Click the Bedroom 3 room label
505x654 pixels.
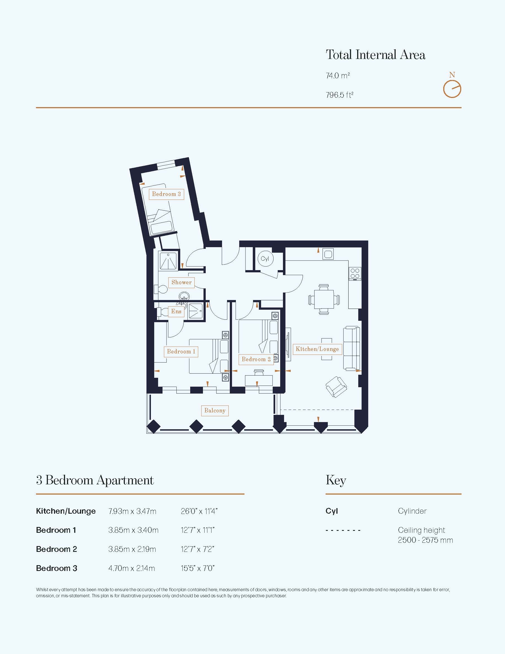point(166,194)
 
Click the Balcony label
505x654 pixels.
point(215,410)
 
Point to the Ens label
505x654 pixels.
point(176,311)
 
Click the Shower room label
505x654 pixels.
point(182,282)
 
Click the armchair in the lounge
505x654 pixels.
point(336,387)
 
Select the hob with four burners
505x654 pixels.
point(355,273)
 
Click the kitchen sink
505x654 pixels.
point(328,254)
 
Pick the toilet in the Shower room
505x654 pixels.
point(161,289)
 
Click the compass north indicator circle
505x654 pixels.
point(452,89)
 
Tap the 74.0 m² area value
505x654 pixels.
point(338,76)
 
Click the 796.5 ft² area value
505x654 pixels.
point(340,95)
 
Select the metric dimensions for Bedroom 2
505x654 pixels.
point(132,549)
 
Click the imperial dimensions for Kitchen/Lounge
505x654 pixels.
point(199,511)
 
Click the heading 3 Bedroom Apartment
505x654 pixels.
point(95,480)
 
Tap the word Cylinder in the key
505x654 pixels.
point(412,511)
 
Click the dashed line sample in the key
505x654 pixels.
point(343,530)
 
